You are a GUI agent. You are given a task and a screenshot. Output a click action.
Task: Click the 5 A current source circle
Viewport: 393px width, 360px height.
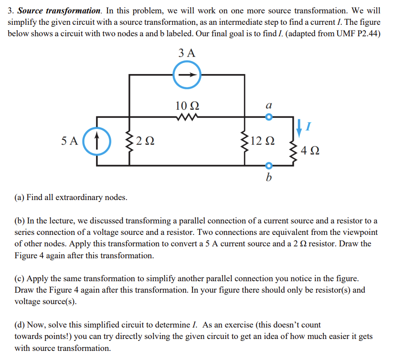(96, 141)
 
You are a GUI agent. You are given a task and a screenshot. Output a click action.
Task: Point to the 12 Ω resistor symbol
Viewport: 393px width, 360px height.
(245, 141)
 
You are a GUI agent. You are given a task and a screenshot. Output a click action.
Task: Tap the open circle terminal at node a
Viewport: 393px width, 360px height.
(268, 116)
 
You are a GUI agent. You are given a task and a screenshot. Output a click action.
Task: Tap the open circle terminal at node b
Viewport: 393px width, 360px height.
(268, 166)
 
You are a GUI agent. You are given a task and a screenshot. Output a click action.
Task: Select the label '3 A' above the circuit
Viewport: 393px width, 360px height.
(187, 53)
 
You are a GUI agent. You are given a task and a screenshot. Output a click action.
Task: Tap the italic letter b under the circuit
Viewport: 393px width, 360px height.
(268, 178)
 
